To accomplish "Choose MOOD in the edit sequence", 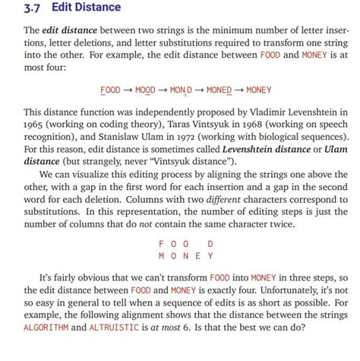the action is point(145,90).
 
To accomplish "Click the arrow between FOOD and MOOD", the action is point(126,90).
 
